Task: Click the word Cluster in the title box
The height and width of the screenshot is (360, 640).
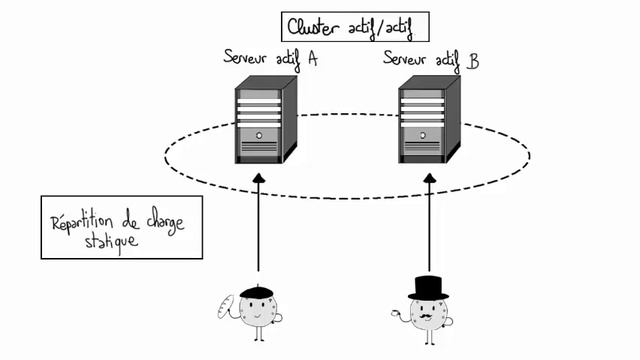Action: [314, 26]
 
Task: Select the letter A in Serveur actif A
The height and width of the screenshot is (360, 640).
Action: [312, 59]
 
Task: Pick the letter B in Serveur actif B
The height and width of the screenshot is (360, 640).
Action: [473, 61]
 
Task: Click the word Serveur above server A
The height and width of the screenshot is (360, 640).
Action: [248, 57]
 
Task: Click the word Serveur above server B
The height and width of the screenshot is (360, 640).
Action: [409, 58]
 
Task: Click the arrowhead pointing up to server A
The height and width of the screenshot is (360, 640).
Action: [258, 179]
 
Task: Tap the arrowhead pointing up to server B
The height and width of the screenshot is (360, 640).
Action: [430, 179]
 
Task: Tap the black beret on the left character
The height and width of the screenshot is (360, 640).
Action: [258, 291]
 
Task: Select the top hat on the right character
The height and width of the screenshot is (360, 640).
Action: [430, 287]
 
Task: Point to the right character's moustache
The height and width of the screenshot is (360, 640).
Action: [429, 316]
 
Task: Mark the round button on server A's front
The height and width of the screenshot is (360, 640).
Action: [258, 134]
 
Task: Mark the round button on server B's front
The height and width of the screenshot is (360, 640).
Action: [422, 134]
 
